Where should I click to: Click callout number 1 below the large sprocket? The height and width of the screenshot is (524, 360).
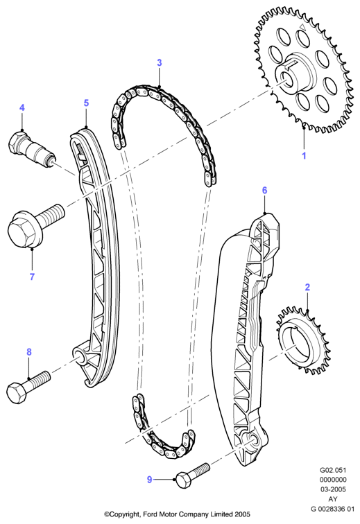[304, 156]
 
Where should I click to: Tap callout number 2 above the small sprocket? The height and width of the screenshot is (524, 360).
[307, 287]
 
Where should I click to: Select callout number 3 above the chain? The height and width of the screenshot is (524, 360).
[160, 62]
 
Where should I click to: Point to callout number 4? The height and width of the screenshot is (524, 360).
[22, 107]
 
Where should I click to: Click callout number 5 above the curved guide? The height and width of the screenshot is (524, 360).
[86, 103]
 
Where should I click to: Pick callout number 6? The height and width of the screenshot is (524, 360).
[265, 191]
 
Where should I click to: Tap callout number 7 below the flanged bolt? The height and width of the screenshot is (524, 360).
[32, 277]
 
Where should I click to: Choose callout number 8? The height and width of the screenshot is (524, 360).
[29, 352]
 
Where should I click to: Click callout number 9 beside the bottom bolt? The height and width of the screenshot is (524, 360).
[150, 480]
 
